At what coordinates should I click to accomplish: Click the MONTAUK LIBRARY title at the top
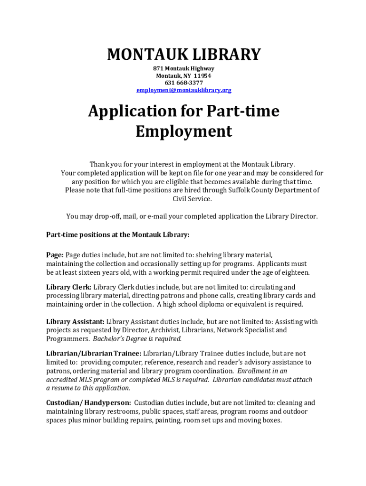point(183,55)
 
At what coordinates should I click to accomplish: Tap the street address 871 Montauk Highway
point(183,69)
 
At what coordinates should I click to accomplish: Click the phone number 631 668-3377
point(183,83)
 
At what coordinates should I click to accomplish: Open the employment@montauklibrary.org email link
point(183,90)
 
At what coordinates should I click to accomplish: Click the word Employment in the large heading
point(183,131)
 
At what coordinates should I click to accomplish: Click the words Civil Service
point(192,199)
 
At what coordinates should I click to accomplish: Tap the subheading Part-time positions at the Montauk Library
point(117,234)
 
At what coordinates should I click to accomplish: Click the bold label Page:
point(55,255)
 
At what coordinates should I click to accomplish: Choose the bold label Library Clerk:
point(68,287)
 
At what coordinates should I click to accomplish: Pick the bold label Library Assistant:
point(75,322)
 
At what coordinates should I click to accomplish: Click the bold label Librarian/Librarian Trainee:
point(93,354)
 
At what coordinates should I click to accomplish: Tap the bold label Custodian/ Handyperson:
point(88,403)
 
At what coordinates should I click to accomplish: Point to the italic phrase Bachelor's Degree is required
point(137,339)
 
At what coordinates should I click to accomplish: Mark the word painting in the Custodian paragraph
point(168,421)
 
